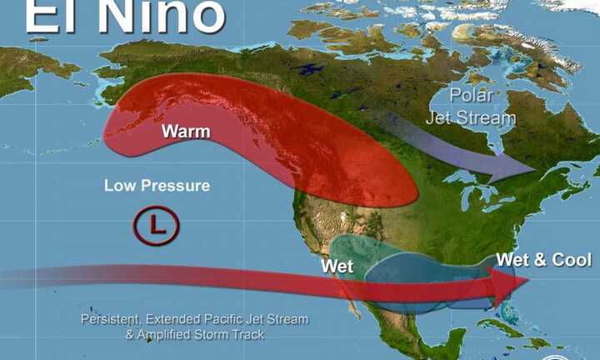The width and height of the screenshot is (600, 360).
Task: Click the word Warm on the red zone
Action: [x=185, y=132]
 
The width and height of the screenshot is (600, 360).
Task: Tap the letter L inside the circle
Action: [x=156, y=224]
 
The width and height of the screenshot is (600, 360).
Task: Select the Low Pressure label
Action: [x=157, y=186]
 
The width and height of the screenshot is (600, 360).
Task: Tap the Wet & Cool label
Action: [x=543, y=260]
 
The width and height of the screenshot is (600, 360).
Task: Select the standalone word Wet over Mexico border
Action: [x=337, y=267]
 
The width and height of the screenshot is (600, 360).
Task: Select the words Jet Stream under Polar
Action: [x=471, y=117]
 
